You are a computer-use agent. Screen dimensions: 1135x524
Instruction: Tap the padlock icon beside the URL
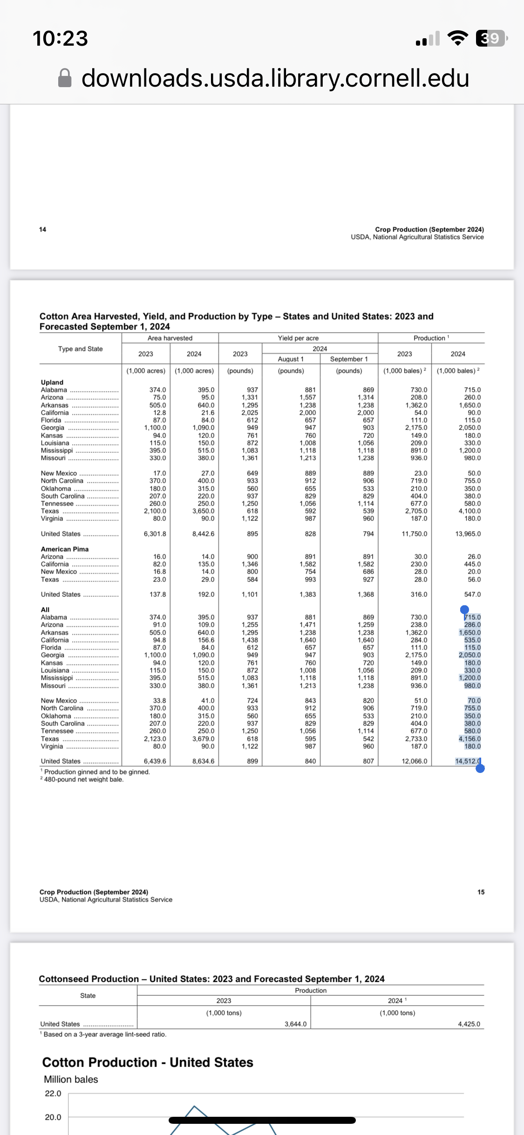tap(65, 78)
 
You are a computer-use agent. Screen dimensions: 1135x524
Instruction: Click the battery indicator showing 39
tap(490, 38)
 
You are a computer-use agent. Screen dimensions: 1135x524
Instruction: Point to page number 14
tap(43, 229)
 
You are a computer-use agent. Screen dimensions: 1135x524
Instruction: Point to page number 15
tap(481, 892)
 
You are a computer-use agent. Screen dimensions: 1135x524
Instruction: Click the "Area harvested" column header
tap(170, 338)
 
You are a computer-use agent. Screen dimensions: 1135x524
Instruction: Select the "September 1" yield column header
tap(349, 359)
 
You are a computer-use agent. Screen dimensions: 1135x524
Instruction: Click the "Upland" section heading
tap(52, 382)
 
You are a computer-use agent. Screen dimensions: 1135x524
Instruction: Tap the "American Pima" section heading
tap(65, 549)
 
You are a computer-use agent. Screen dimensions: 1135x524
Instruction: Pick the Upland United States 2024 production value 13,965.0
tap(468, 533)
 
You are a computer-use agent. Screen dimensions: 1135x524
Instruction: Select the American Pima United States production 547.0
tap(472, 594)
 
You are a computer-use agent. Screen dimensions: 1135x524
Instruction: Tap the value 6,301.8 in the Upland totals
tap(155, 533)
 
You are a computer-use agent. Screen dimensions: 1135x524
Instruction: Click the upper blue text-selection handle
tap(464, 609)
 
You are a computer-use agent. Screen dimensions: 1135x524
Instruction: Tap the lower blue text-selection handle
tap(480, 768)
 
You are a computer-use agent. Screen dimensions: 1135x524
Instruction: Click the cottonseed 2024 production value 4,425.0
tap(469, 1024)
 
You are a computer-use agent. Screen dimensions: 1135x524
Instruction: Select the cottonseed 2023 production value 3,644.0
tap(295, 1024)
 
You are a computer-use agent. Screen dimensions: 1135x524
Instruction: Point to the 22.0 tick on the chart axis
tap(53, 1093)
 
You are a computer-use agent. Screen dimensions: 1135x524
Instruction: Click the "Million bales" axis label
tap(71, 1079)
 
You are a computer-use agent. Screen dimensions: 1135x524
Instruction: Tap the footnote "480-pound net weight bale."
tap(84, 779)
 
